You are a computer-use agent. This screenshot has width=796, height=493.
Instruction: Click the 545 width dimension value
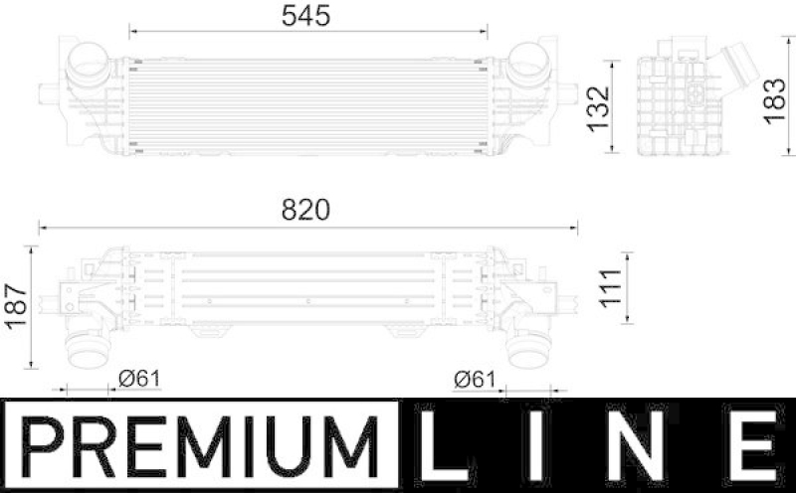click(x=303, y=16)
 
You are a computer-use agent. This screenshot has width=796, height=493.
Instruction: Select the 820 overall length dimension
click(x=305, y=211)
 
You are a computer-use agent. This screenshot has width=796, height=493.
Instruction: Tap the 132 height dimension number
click(x=597, y=108)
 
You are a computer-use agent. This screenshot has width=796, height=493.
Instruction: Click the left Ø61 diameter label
click(x=139, y=379)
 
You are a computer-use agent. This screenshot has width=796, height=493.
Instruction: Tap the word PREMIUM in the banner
click(x=199, y=445)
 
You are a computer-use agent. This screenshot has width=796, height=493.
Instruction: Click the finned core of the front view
click(x=303, y=104)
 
